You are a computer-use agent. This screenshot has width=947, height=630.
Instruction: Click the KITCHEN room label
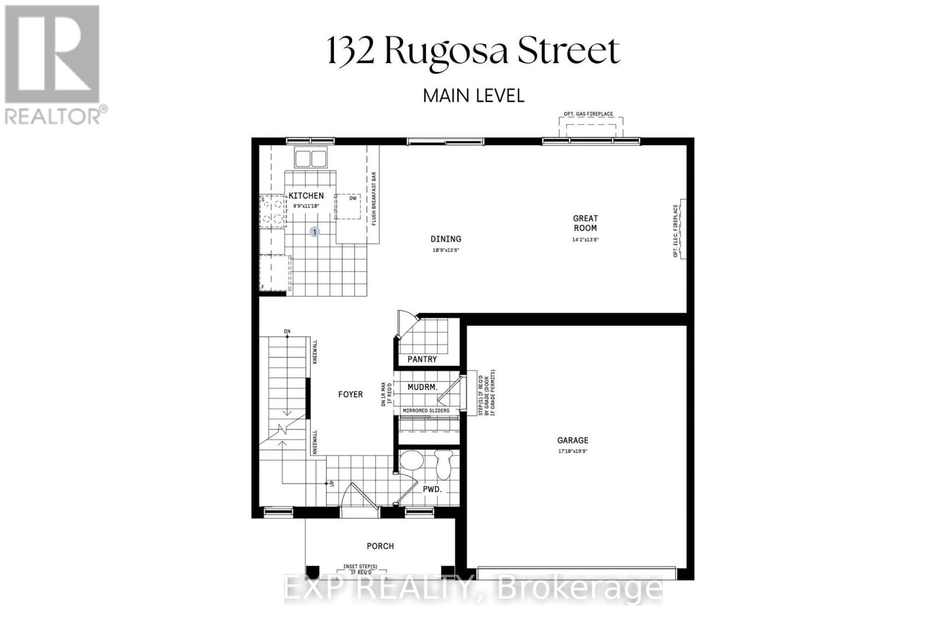tap(306, 196)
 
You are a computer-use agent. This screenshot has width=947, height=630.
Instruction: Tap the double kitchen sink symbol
tap(311, 159)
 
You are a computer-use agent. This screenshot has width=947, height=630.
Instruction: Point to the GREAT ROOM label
tap(585, 223)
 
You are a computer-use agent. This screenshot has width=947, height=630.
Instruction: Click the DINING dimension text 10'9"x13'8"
tap(446, 250)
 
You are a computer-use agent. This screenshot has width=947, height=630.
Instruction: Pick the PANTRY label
tap(422, 359)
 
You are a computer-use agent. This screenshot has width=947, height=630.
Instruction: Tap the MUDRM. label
tap(423, 387)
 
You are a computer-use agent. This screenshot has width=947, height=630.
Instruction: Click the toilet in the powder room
tap(443, 464)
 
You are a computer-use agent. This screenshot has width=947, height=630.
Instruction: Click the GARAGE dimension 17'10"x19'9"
tap(572, 451)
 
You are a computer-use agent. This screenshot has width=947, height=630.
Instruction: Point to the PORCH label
tap(380, 546)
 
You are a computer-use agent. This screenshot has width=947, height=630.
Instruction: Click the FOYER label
tap(350, 395)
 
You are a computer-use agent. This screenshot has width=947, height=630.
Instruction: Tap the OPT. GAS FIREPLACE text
tap(588, 114)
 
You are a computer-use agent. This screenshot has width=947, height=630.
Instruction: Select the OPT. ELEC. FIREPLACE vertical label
tap(675, 231)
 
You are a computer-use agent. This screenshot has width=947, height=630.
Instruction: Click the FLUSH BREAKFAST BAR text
tap(374, 199)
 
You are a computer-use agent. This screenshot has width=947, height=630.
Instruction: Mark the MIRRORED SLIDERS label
tap(426, 411)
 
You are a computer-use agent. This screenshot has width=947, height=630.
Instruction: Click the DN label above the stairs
tap(287, 331)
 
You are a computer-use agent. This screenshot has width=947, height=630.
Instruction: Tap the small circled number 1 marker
tap(315, 232)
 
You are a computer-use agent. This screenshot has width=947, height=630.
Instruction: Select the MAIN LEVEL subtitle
tap(474, 95)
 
